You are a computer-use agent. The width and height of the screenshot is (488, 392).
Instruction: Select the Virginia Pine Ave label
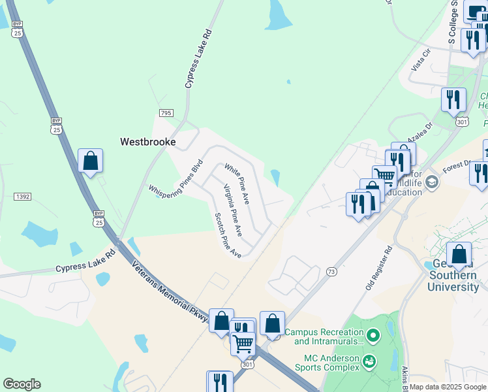click(233, 210)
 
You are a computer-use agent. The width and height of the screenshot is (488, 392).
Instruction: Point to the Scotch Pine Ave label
click(228, 235)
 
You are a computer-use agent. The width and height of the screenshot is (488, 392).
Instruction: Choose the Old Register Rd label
click(378, 268)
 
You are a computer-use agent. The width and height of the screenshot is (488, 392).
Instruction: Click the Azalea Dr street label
click(421, 133)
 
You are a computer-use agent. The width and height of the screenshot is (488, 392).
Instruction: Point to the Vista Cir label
click(421, 60)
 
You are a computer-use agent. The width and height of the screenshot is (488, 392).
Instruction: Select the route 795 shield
click(166, 113)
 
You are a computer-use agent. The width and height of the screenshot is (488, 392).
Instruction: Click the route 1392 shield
click(23, 196)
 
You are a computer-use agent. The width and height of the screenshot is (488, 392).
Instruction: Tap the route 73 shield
click(331, 271)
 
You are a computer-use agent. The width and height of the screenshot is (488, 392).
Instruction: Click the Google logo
click(22, 384)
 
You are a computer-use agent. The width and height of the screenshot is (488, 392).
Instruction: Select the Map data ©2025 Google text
click(448, 387)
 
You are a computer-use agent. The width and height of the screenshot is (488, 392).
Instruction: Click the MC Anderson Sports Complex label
click(331, 363)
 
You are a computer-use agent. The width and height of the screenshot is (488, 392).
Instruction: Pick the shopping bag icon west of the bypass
click(90, 160)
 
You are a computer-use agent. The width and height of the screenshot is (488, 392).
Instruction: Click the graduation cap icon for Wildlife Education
click(431, 184)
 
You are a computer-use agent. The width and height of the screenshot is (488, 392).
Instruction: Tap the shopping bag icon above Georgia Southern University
click(459, 253)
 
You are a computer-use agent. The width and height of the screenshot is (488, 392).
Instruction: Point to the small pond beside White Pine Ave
click(275, 177)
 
